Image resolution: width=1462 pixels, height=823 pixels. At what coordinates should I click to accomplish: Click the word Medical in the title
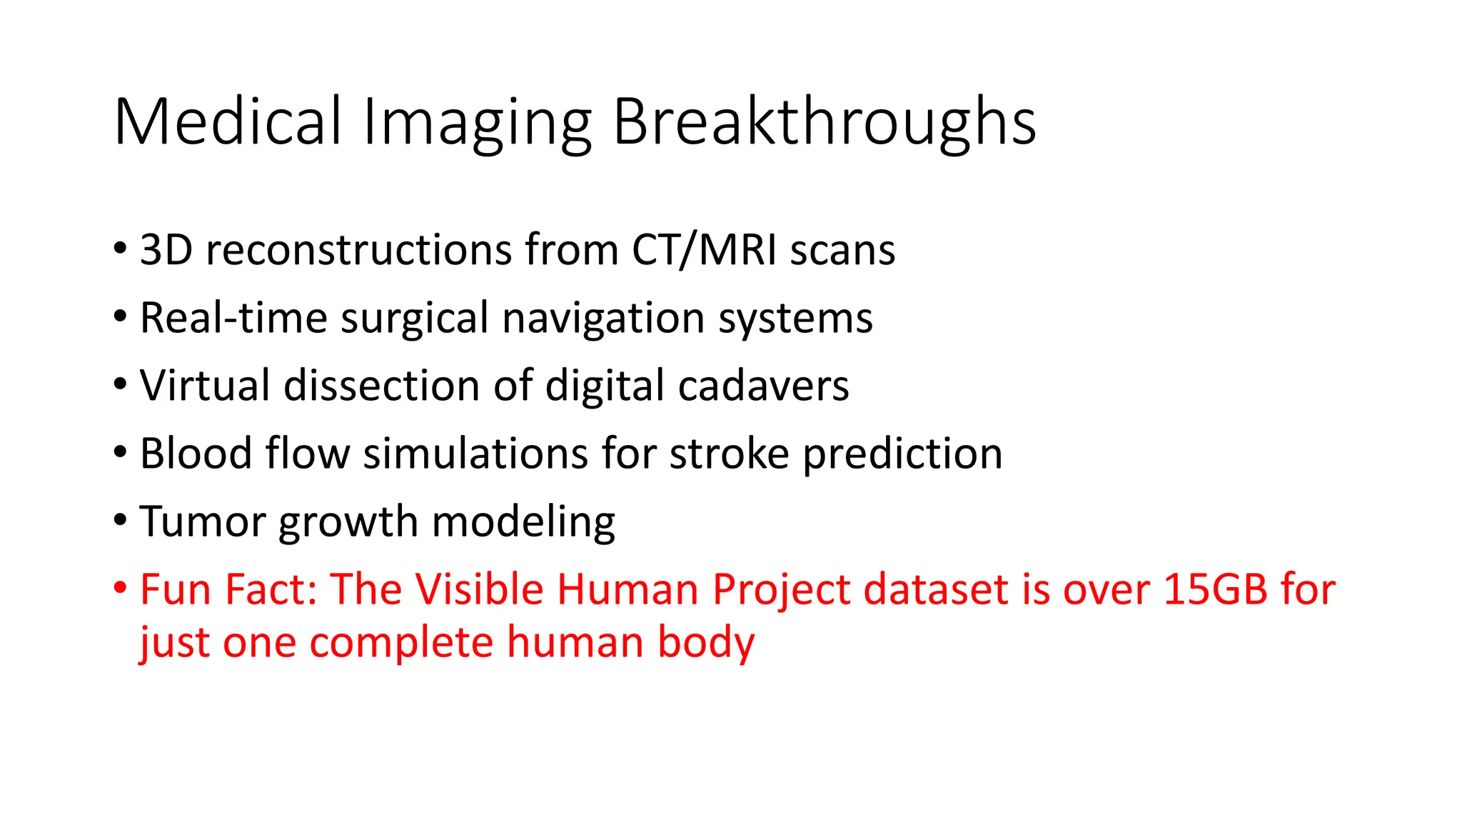(x=227, y=122)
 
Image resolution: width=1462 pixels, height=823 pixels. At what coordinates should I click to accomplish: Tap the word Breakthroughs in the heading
(x=824, y=122)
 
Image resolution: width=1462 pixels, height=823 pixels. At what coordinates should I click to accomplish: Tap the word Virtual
(x=205, y=386)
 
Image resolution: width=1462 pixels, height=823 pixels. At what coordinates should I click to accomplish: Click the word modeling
(x=523, y=522)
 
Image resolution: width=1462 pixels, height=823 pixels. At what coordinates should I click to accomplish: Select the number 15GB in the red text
(x=1215, y=589)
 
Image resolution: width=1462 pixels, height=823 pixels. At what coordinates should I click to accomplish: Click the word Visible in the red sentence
(x=479, y=589)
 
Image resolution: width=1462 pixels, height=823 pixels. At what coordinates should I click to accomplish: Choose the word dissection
(x=382, y=386)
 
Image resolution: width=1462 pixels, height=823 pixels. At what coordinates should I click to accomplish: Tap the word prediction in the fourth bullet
(x=902, y=454)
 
